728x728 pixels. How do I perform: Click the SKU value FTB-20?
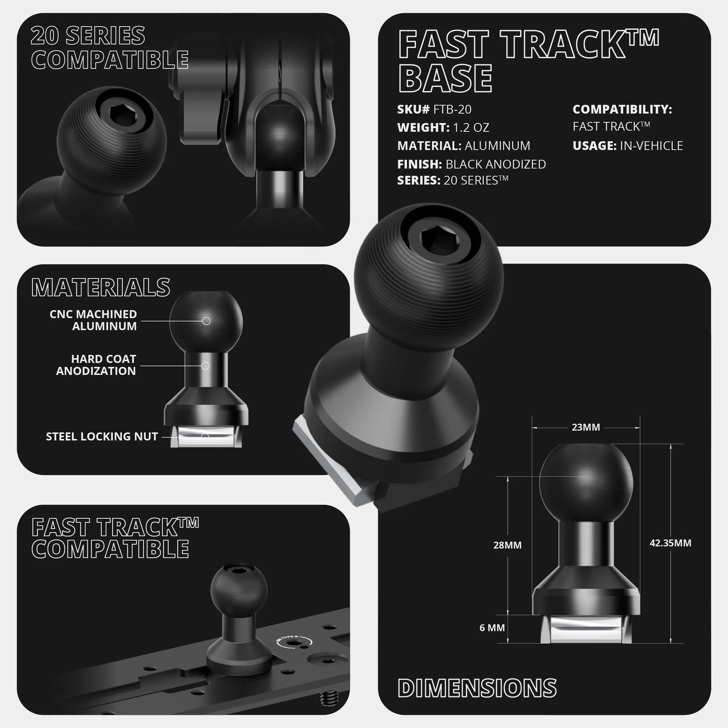452,110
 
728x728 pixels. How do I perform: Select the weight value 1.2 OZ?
471,128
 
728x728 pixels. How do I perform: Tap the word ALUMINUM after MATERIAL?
497,146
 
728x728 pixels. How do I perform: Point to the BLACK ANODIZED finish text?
496,164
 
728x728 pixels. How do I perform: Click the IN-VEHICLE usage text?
651,146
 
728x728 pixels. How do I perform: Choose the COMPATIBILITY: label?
622,110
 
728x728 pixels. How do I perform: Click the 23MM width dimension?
586,427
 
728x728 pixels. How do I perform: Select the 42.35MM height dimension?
670,543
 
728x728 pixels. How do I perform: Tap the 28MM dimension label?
507,545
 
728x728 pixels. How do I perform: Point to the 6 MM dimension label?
492,628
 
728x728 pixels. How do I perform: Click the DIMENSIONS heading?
477,688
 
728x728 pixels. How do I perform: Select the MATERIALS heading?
101,287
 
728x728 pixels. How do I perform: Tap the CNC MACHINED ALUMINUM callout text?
93,320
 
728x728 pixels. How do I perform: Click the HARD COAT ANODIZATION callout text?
96,365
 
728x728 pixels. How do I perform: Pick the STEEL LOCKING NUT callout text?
102,436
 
